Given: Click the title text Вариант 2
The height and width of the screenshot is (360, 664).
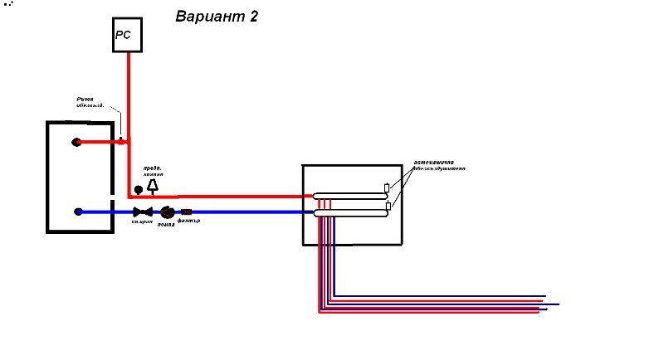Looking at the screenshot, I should tap(217, 17).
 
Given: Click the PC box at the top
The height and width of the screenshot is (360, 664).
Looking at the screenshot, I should tap(127, 36).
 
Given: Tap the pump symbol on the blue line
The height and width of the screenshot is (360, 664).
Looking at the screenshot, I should tap(168, 212).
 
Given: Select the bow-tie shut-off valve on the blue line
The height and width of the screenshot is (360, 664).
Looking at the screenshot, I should tap(142, 212).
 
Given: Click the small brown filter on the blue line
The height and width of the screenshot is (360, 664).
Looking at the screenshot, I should tap(187, 212).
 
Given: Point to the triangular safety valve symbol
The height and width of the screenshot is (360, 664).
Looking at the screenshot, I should tap(153, 187).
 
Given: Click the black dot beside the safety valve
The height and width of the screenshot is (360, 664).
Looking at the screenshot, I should tap(139, 189).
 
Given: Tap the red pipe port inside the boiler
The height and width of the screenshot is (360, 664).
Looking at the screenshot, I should tap(77, 142).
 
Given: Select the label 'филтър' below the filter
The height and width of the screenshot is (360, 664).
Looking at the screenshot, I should tap(188, 221).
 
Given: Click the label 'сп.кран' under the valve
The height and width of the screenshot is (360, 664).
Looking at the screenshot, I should tap(141, 222).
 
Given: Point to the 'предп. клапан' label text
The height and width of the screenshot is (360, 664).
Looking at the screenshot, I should tap(153, 172).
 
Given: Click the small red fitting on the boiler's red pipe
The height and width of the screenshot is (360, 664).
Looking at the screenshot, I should tap(121, 141).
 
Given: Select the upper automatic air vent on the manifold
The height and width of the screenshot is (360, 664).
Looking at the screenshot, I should tap(387, 188).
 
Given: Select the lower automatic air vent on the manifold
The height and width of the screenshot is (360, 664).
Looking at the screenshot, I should tap(388, 206).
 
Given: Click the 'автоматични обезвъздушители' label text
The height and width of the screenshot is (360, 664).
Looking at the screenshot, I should tap(439, 164).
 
